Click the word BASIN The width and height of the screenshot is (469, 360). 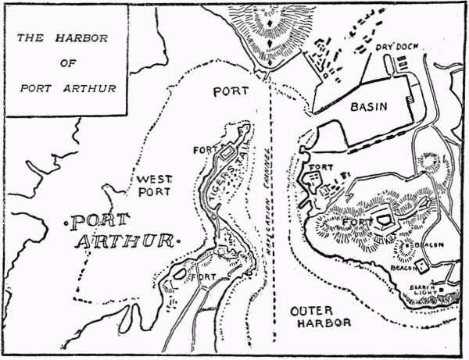pyautogui.click(x=370, y=107)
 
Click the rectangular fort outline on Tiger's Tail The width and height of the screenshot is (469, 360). pyautogui.click(x=227, y=154)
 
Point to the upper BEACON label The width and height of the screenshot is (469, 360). pyautogui.click(x=430, y=245)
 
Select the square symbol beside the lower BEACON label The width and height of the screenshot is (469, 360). pyautogui.click(x=423, y=266)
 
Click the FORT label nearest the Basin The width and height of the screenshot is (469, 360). pyautogui.click(x=320, y=167)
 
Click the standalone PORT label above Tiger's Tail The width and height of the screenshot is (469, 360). pyautogui.click(x=231, y=91)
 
